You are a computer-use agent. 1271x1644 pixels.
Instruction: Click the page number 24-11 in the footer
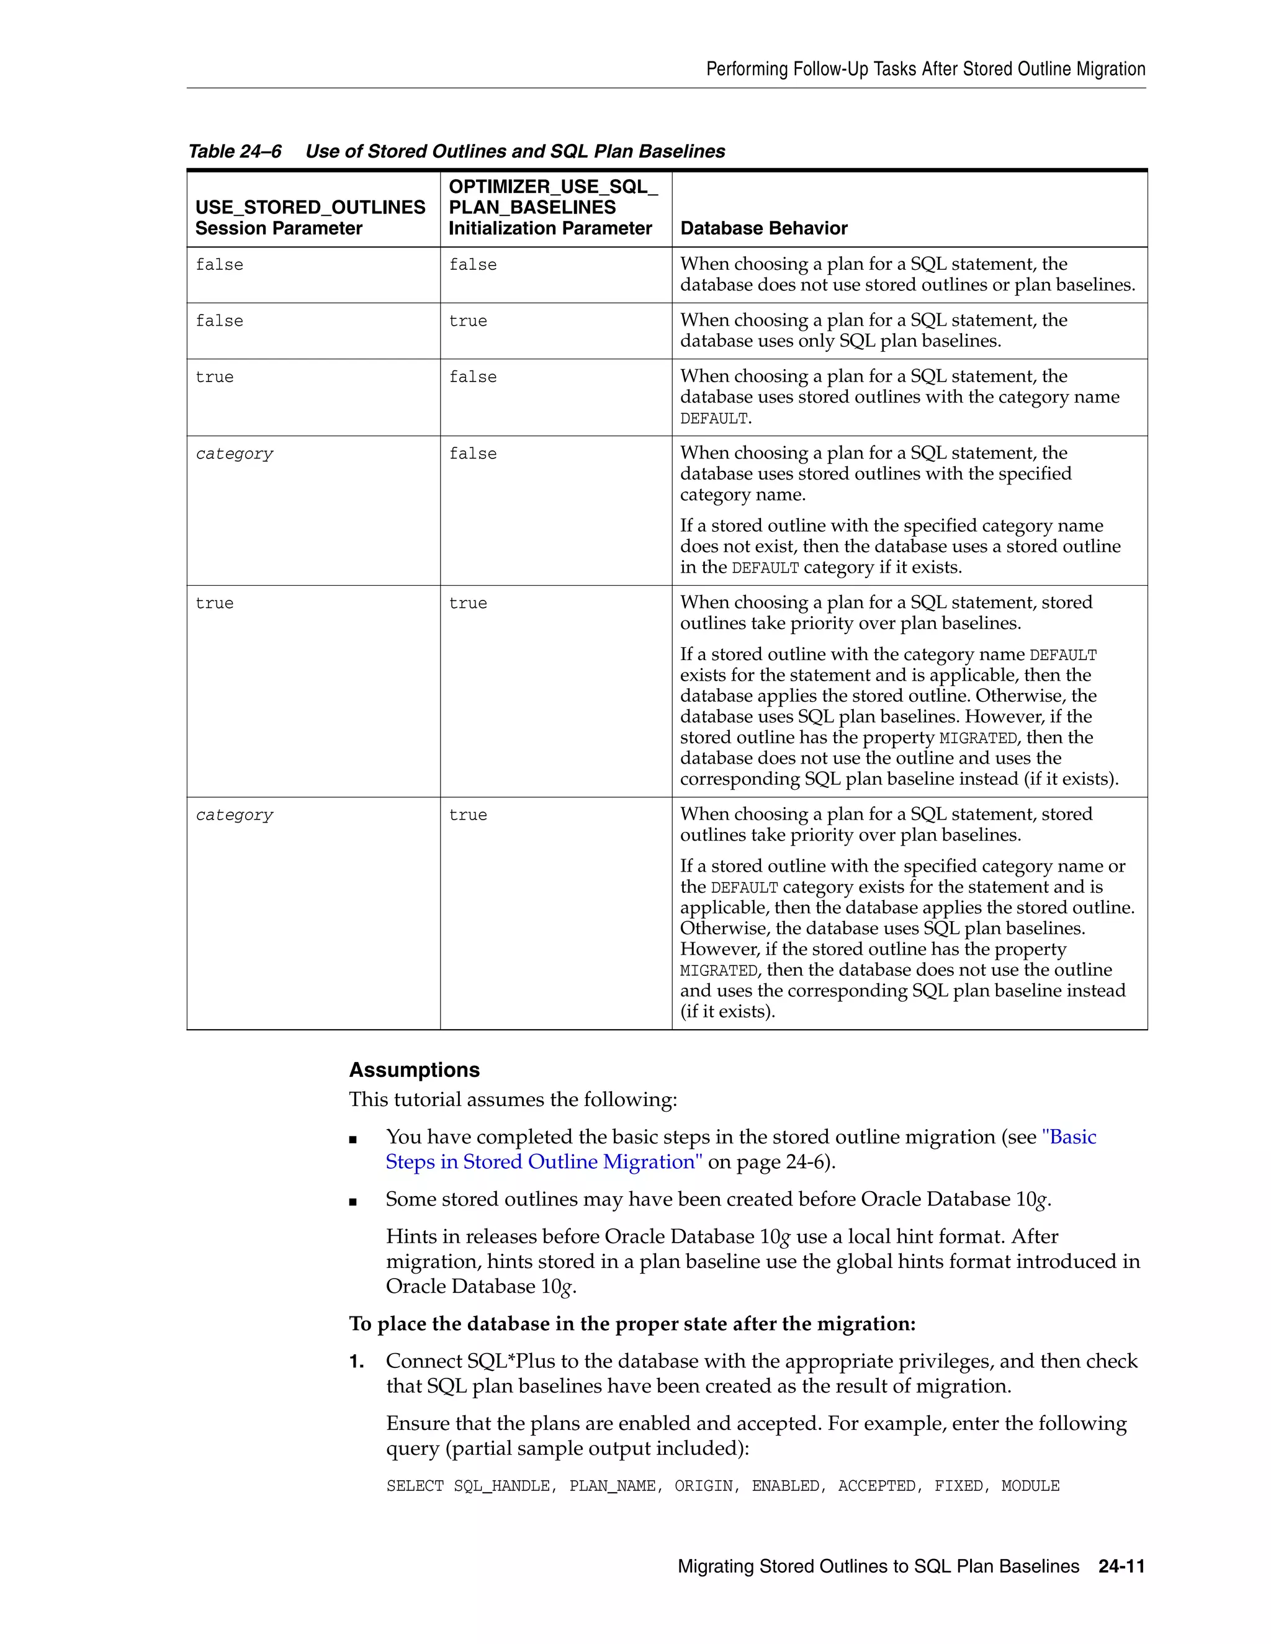(1121, 1566)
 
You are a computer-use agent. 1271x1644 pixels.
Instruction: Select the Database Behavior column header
(763, 228)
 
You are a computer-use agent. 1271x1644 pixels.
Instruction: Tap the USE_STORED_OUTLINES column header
(310, 218)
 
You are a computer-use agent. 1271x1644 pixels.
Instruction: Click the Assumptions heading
(414, 1070)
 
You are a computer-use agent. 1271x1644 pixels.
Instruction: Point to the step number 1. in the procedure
(357, 1361)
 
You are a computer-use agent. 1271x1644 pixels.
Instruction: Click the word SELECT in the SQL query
(415, 1486)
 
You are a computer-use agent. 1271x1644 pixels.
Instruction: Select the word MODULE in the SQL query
(1030, 1486)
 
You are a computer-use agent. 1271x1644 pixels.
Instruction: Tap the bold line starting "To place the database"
(632, 1323)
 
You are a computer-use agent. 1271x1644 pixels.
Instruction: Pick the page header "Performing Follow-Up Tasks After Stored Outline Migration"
(925, 69)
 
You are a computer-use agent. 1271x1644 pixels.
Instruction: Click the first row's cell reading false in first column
(219, 265)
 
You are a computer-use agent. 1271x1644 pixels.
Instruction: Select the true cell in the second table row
(467, 321)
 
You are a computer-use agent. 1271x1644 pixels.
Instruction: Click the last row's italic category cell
(234, 815)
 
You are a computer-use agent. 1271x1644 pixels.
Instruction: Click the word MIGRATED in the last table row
(718, 971)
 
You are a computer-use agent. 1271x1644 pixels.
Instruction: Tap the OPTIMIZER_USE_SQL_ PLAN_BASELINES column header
(553, 207)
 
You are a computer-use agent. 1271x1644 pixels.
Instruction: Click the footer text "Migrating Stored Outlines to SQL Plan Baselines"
(878, 1566)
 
